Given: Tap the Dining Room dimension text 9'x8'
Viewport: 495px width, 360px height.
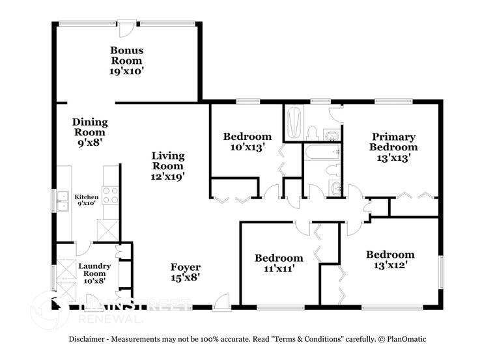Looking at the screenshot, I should (x=89, y=141).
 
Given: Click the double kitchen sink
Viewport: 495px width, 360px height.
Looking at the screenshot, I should (x=63, y=201).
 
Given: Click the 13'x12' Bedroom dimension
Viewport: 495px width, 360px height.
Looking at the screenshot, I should (x=389, y=265).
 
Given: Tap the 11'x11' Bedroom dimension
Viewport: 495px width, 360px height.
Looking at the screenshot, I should (x=278, y=268).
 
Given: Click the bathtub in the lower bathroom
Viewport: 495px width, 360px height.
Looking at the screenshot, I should (x=321, y=153).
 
